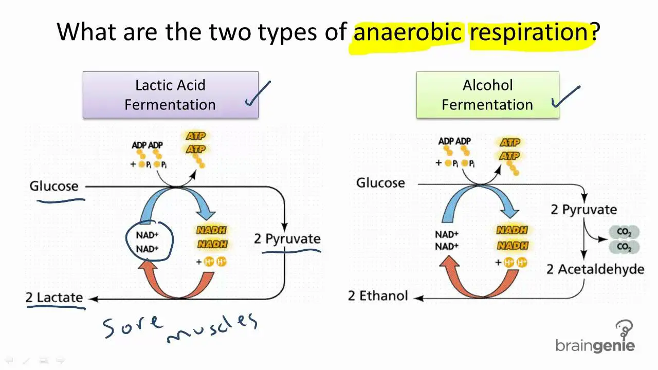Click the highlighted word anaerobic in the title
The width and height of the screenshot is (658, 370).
tap(407, 32)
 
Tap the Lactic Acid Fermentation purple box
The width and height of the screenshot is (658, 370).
tap(170, 95)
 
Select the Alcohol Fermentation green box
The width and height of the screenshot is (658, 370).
tap(487, 95)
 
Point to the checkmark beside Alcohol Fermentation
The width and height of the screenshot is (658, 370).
tap(565, 97)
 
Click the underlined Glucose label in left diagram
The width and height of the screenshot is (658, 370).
tap(54, 186)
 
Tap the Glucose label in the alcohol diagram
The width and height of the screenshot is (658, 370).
tap(380, 183)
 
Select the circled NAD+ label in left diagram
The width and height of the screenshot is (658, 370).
tap(148, 242)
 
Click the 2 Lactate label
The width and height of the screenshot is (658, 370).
tap(54, 297)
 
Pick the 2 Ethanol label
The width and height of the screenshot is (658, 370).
tap(378, 295)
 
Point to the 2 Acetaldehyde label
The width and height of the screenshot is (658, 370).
tap(595, 269)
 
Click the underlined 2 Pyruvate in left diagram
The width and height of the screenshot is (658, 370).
tap(287, 239)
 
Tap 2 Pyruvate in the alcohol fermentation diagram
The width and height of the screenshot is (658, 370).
tap(583, 210)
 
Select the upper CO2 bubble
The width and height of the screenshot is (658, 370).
tap(624, 232)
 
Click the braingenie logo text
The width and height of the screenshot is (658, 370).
tap(595, 345)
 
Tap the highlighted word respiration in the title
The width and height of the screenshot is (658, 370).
tap(528, 32)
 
